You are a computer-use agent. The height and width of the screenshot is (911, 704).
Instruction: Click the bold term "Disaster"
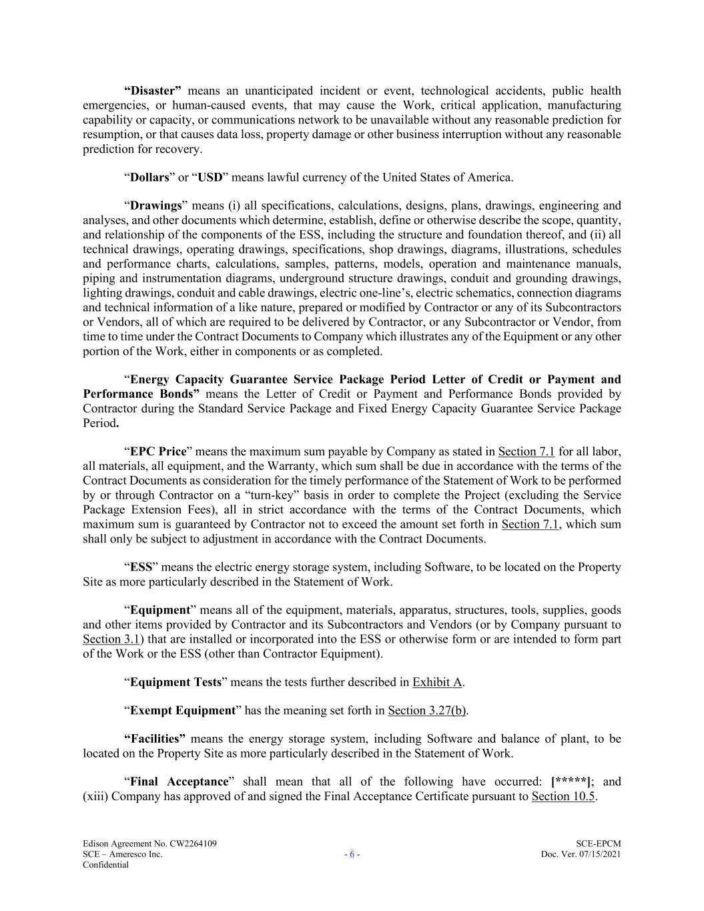click(x=153, y=91)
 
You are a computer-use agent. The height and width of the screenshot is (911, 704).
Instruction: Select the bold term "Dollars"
click(x=149, y=178)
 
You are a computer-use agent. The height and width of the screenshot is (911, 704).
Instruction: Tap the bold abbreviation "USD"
click(x=210, y=178)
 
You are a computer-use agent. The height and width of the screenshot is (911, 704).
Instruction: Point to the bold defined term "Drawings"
click(x=155, y=206)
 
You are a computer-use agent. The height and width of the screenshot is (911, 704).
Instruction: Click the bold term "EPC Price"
click(x=157, y=452)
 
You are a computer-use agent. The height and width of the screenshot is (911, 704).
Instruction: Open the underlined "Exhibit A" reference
click(x=437, y=682)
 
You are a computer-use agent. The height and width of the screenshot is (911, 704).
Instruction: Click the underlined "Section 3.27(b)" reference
click(x=427, y=711)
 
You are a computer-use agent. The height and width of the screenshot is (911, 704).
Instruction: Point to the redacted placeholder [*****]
click(x=571, y=782)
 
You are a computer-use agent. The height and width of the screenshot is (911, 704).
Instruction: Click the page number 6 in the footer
click(x=352, y=854)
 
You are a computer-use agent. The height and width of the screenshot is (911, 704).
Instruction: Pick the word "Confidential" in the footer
click(x=105, y=864)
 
